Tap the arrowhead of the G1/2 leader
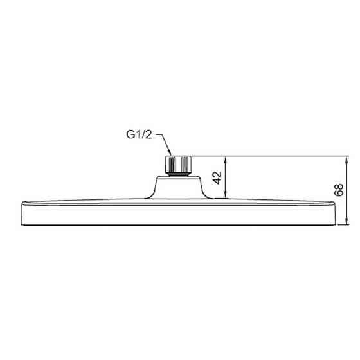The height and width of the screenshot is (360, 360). click(x=168, y=154)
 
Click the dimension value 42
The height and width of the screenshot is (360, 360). click(x=218, y=178)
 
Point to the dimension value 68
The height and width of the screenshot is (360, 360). click(x=339, y=190)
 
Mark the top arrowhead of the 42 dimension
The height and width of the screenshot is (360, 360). click(x=226, y=157)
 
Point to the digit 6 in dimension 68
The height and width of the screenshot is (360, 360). click(x=339, y=194)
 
